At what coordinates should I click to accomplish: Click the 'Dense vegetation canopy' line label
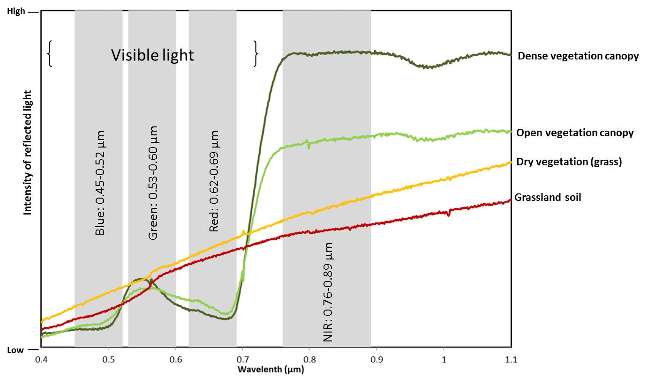click(x=578, y=56)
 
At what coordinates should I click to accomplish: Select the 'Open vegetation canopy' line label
click(x=575, y=133)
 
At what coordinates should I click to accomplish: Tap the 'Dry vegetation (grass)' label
click(x=569, y=162)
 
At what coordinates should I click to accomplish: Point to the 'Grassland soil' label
click(x=548, y=197)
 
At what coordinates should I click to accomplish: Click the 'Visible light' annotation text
click(x=152, y=55)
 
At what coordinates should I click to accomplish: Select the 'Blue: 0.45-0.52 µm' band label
click(x=100, y=183)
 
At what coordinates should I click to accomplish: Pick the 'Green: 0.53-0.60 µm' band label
click(x=153, y=183)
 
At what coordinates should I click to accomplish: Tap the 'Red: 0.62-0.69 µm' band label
click(x=214, y=181)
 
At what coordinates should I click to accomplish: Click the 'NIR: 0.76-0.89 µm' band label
click(x=328, y=292)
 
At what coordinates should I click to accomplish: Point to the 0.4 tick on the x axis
click(x=41, y=360)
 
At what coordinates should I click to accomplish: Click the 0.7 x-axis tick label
click(x=242, y=360)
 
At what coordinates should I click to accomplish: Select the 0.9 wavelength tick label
click(x=377, y=360)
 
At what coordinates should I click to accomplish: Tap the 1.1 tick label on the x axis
click(x=511, y=360)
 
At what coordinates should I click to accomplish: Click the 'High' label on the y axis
click(x=16, y=11)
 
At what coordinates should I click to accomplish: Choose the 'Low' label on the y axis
click(x=15, y=350)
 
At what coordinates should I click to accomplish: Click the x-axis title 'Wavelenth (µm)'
click(x=271, y=370)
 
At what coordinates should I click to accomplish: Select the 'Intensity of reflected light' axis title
click(x=28, y=153)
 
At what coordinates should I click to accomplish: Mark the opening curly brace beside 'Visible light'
click(x=50, y=54)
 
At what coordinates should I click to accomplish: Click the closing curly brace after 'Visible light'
click(x=256, y=54)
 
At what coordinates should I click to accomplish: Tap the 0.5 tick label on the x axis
click(x=108, y=360)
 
